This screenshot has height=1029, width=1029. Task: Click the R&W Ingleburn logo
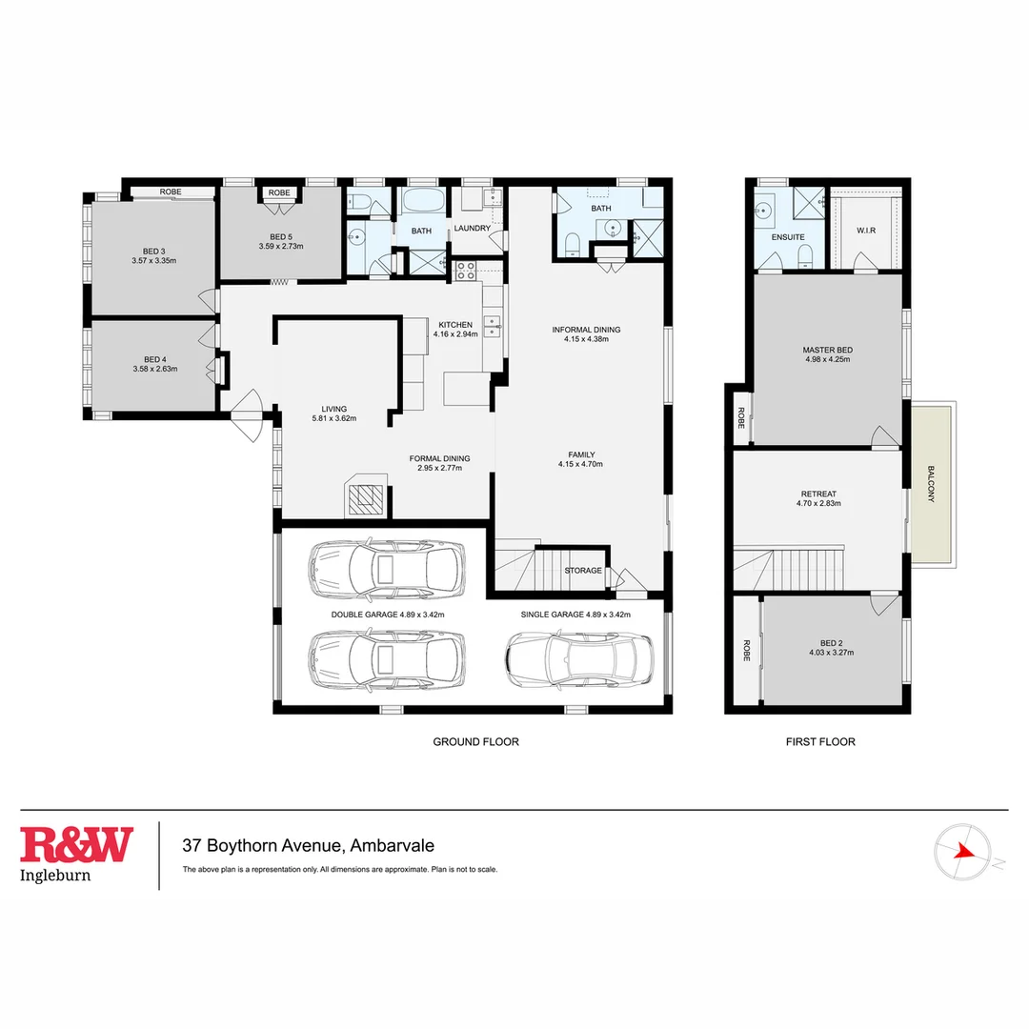click(x=77, y=855)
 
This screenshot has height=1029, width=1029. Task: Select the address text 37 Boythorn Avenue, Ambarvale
click(x=309, y=845)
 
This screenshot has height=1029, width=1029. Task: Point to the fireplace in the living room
click(x=364, y=495)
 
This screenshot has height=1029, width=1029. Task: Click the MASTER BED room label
click(x=827, y=351)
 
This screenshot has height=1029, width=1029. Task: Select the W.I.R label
click(x=865, y=230)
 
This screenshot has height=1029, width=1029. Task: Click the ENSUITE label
click(x=788, y=236)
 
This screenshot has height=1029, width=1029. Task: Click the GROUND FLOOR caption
click(x=475, y=741)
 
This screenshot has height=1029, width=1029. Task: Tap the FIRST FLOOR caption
click(x=819, y=741)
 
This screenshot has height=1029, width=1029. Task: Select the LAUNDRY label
click(x=473, y=228)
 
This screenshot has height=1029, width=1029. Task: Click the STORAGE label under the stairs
click(x=582, y=571)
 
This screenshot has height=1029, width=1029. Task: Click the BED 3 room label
click(x=154, y=251)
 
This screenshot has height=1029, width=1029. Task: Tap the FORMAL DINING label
click(x=439, y=458)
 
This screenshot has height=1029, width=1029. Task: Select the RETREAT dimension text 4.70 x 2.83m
click(x=818, y=503)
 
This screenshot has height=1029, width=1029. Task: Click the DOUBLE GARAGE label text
click(x=365, y=615)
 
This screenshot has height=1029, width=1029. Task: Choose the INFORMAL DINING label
click(x=586, y=330)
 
